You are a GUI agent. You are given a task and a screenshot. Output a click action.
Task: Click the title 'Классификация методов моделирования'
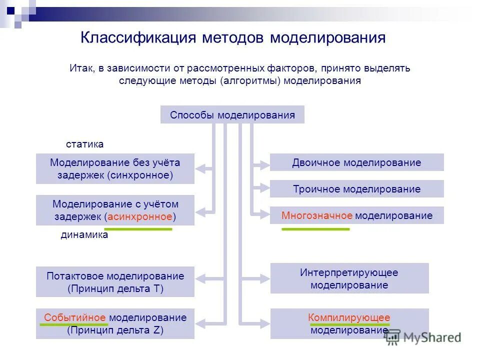[x=233, y=38]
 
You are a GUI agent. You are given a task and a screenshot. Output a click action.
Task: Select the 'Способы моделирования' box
[x=232, y=115]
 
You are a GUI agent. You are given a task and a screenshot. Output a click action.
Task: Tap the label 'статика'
[x=85, y=144]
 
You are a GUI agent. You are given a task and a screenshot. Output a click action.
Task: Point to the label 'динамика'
[x=84, y=235]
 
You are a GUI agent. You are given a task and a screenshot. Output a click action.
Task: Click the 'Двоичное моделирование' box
[x=356, y=162]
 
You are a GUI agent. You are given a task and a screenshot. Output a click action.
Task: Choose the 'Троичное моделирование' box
[x=356, y=189]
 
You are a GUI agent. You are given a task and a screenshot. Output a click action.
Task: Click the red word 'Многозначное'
[x=317, y=215]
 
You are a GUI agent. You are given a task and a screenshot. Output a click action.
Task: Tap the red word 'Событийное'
[x=75, y=317]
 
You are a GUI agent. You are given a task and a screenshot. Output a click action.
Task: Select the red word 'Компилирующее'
[x=349, y=317]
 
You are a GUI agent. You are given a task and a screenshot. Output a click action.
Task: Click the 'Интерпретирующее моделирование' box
[x=349, y=278]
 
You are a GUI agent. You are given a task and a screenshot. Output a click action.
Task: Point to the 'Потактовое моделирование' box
[x=115, y=282]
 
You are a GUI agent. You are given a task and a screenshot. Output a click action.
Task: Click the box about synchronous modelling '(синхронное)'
[x=115, y=169]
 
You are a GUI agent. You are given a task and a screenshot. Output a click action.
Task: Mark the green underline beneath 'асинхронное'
[x=140, y=228]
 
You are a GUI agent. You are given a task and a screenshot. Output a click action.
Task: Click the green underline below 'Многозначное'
[x=315, y=228]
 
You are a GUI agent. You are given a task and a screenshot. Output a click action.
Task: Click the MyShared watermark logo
[x=422, y=337]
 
